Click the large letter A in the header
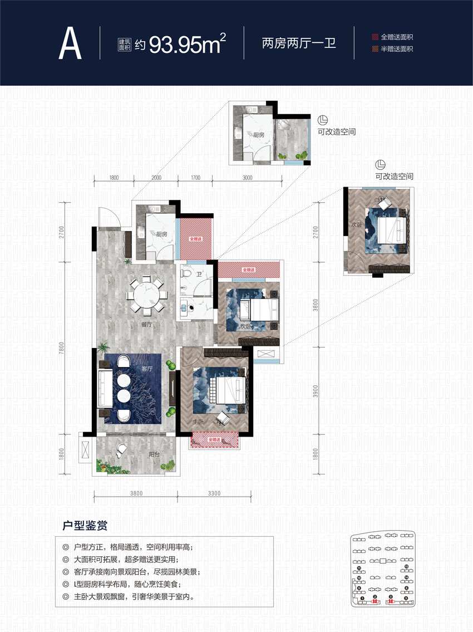[70, 43]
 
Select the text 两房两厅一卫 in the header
[299, 43]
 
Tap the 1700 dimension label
[194, 178]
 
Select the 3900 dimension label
[316, 391]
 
